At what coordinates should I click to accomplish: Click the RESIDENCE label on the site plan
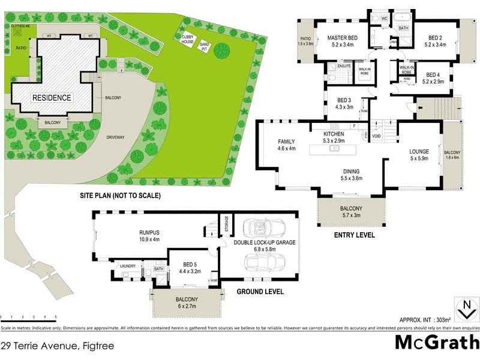[x=52, y=98]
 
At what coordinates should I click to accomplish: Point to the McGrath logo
[x=437, y=342]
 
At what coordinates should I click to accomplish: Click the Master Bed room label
[x=342, y=37]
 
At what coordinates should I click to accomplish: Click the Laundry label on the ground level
[x=128, y=266]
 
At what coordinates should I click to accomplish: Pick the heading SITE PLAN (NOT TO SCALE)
[x=120, y=196]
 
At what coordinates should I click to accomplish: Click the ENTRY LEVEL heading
[x=354, y=235]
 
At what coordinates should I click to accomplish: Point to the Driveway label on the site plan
[x=115, y=137]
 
